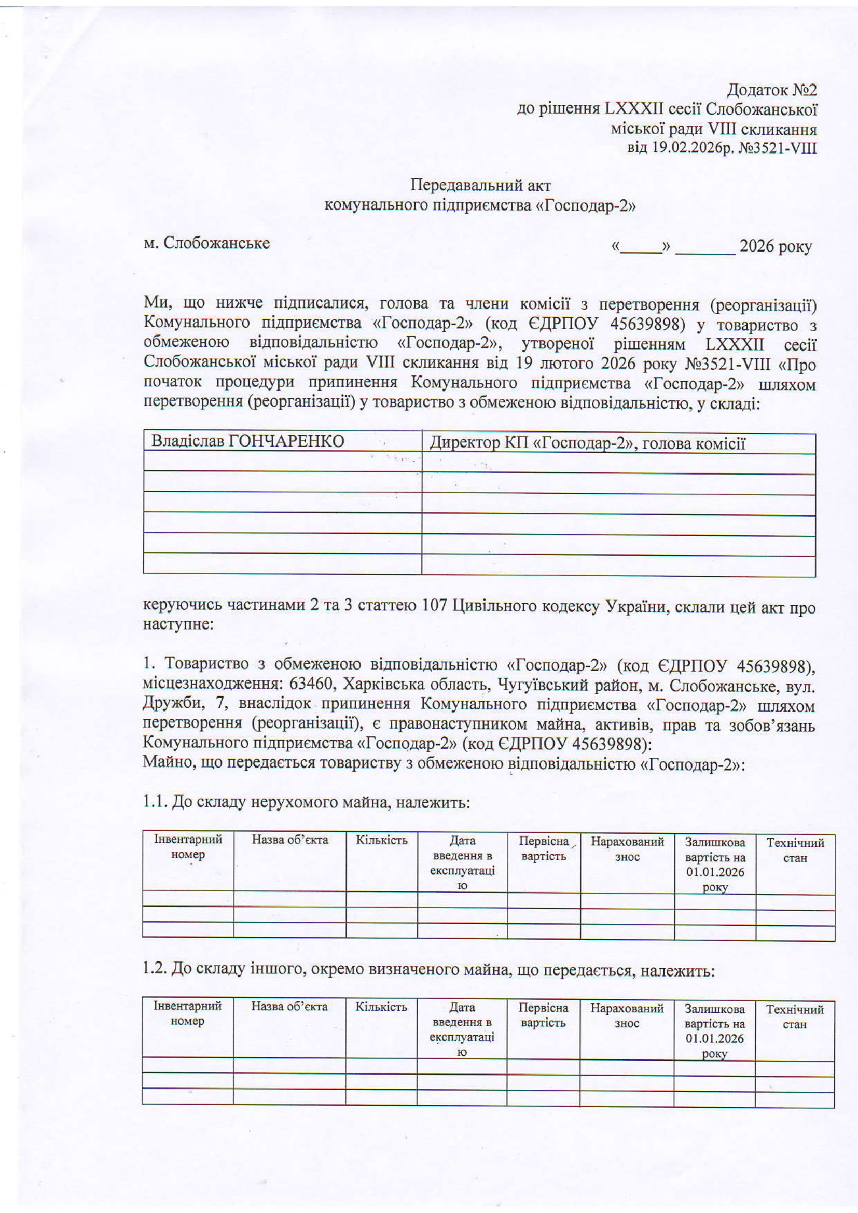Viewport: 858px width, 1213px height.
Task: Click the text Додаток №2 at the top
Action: pos(772,90)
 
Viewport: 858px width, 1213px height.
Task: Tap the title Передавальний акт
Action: pos(481,186)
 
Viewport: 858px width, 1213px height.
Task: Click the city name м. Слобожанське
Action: pos(206,243)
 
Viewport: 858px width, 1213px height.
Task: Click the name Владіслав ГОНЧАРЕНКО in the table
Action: pos(248,441)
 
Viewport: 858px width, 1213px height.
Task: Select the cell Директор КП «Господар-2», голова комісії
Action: pos(587,443)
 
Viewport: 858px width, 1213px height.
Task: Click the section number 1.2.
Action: pos(155,969)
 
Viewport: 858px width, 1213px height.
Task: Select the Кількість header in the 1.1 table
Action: pos(381,840)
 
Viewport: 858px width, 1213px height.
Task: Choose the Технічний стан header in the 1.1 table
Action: pos(795,849)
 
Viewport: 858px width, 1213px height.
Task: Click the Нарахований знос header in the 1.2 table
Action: pos(627,1016)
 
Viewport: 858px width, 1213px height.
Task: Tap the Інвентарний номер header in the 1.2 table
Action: pos(188,1013)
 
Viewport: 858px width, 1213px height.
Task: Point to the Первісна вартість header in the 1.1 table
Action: pos(544,848)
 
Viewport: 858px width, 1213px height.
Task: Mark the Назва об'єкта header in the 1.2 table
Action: pos(289,1007)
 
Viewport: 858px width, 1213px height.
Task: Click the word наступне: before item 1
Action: pos(177,624)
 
